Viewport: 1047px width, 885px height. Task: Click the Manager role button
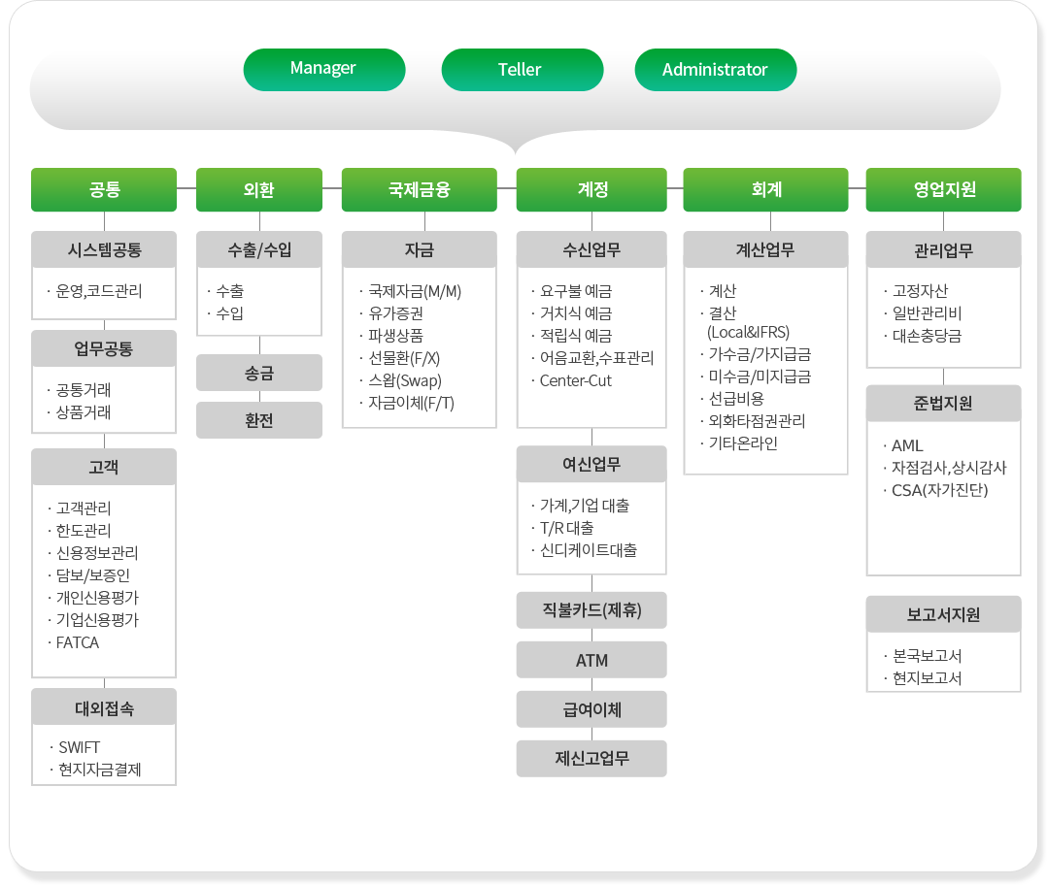coord(323,69)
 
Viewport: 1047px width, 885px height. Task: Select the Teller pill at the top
coord(523,69)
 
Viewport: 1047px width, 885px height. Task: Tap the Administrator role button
coord(715,69)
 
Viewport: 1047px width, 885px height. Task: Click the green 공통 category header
coord(104,190)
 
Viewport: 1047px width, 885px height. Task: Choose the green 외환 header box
coord(259,190)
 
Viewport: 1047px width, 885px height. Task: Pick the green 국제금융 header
coord(420,190)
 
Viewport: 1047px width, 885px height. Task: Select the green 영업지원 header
coord(943,190)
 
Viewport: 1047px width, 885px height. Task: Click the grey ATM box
coord(591,660)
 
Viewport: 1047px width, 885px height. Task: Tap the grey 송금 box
coord(259,373)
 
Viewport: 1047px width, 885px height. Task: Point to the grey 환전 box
coord(259,420)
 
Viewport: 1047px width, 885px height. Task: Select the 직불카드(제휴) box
coord(591,610)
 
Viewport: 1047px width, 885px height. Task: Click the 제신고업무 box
coord(591,758)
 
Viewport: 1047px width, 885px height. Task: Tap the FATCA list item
coord(78,642)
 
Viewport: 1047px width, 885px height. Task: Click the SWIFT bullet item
coord(80,747)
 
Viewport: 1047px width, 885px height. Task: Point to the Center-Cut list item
coord(576,380)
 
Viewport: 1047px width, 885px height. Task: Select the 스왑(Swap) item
coord(405,380)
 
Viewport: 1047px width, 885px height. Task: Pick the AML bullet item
coord(907,445)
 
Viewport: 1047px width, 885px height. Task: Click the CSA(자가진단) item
coord(939,490)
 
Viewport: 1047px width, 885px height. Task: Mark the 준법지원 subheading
coord(943,404)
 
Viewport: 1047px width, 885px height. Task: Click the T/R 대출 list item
coord(567,528)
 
